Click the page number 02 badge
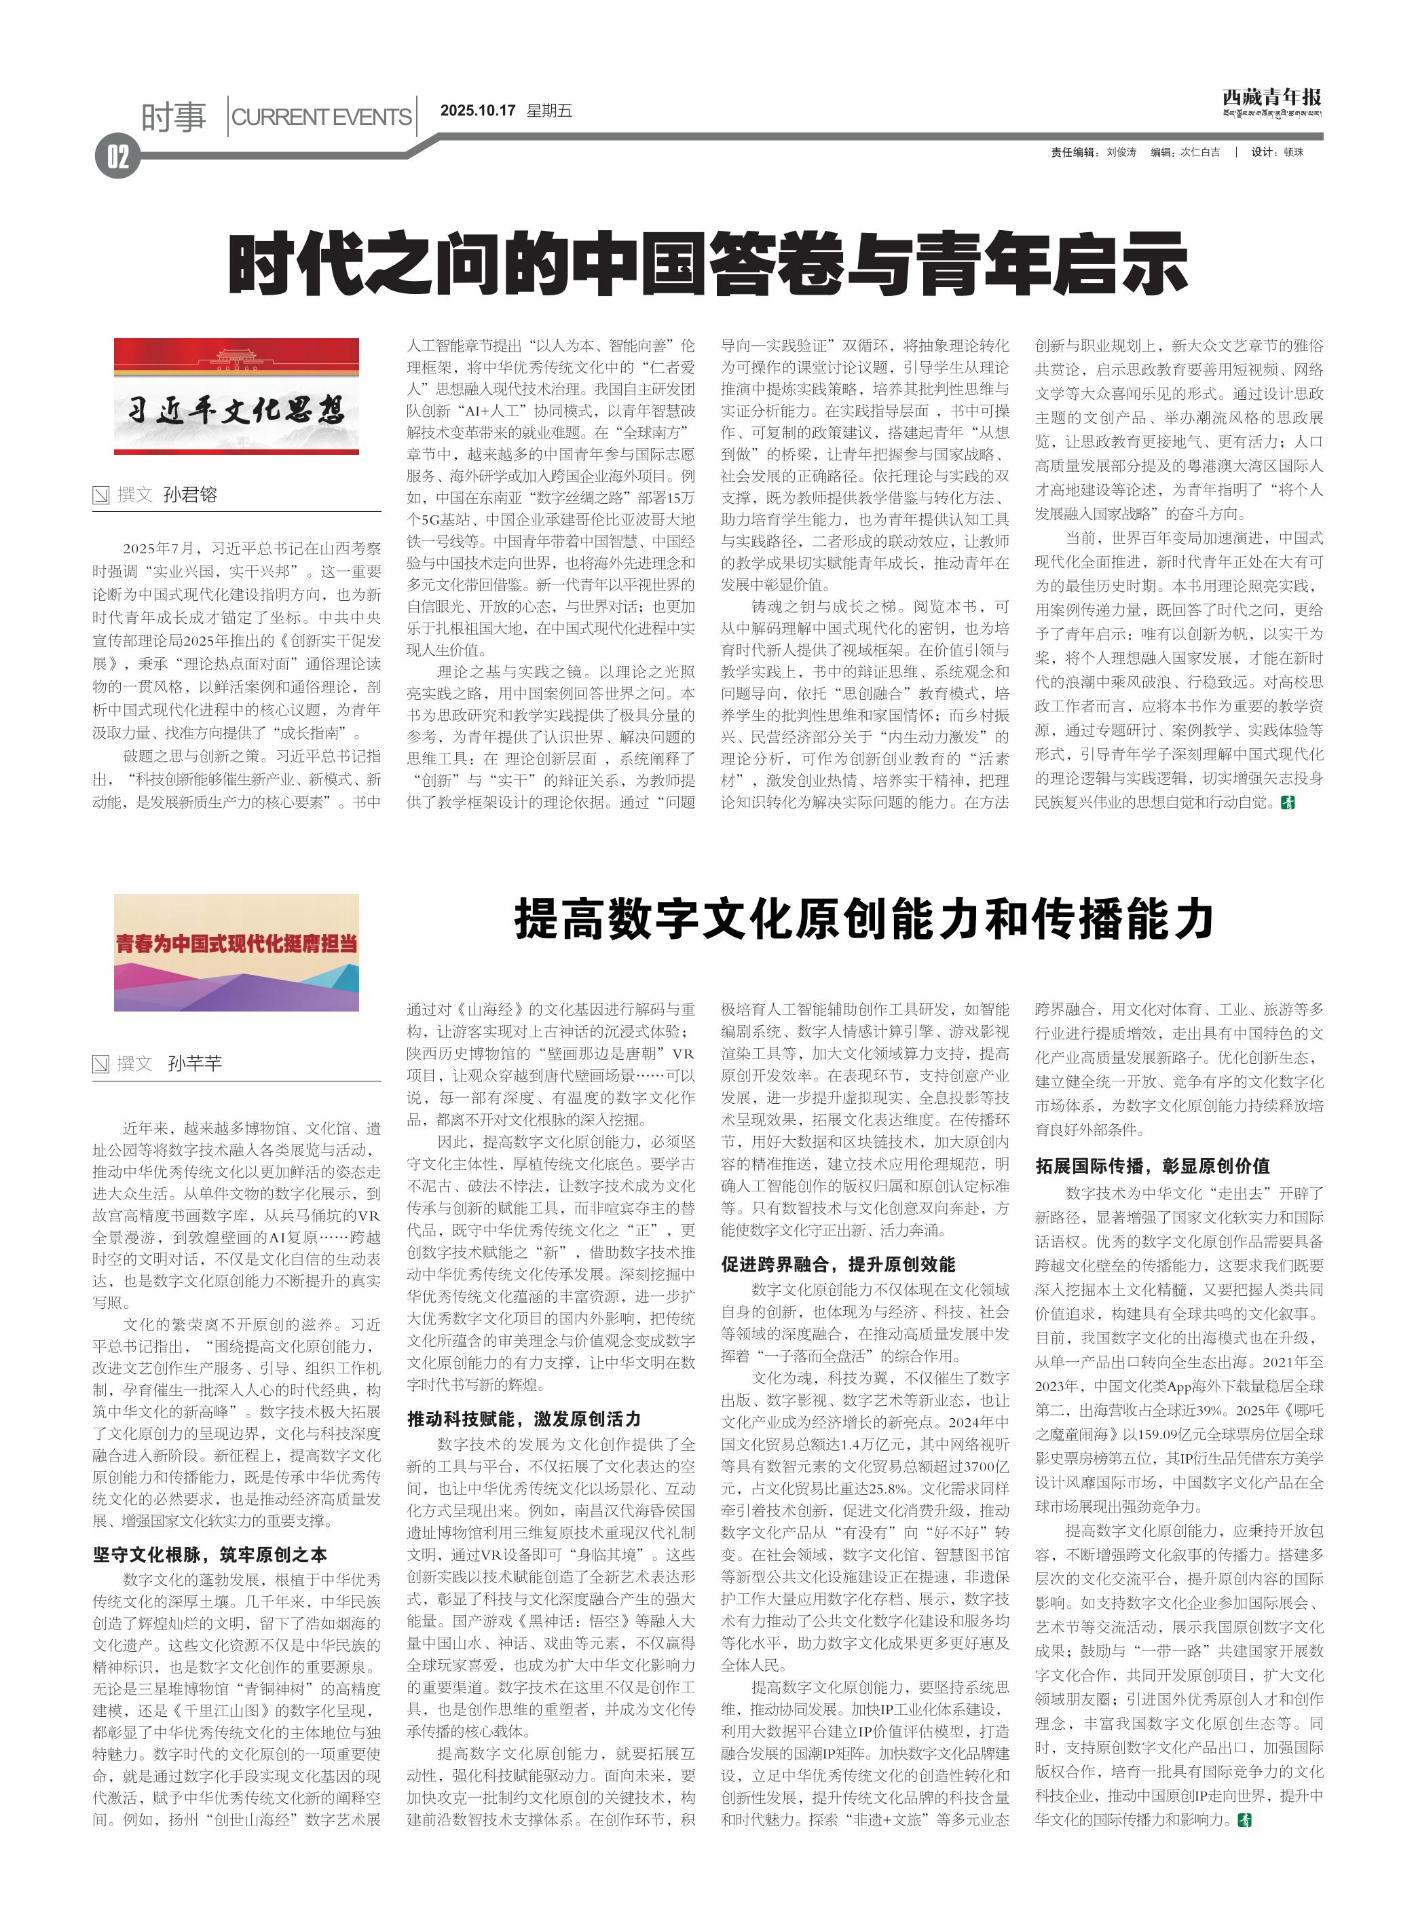pyautogui.click(x=117, y=157)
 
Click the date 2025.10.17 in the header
pyautogui.click(x=477, y=111)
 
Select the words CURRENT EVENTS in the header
pyautogui.click(x=322, y=117)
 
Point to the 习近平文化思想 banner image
pyautogui.click(x=237, y=395)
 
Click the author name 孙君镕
pyautogui.click(x=190, y=495)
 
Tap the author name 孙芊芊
pyautogui.click(x=195, y=1064)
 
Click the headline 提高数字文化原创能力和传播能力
pyautogui.click(x=864, y=920)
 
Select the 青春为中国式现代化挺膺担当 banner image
pyautogui.click(x=237, y=952)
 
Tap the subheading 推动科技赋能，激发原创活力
pyautogui.click(x=524, y=1419)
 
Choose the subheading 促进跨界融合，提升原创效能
pyautogui.click(x=838, y=1264)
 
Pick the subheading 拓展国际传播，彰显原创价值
pyautogui.click(x=1152, y=1166)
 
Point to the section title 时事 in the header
pyautogui.click(x=174, y=117)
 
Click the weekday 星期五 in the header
pyautogui.click(x=548, y=111)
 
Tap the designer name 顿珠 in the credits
pyautogui.click(x=1292, y=153)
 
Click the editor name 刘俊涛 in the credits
pyautogui.click(x=1121, y=153)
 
